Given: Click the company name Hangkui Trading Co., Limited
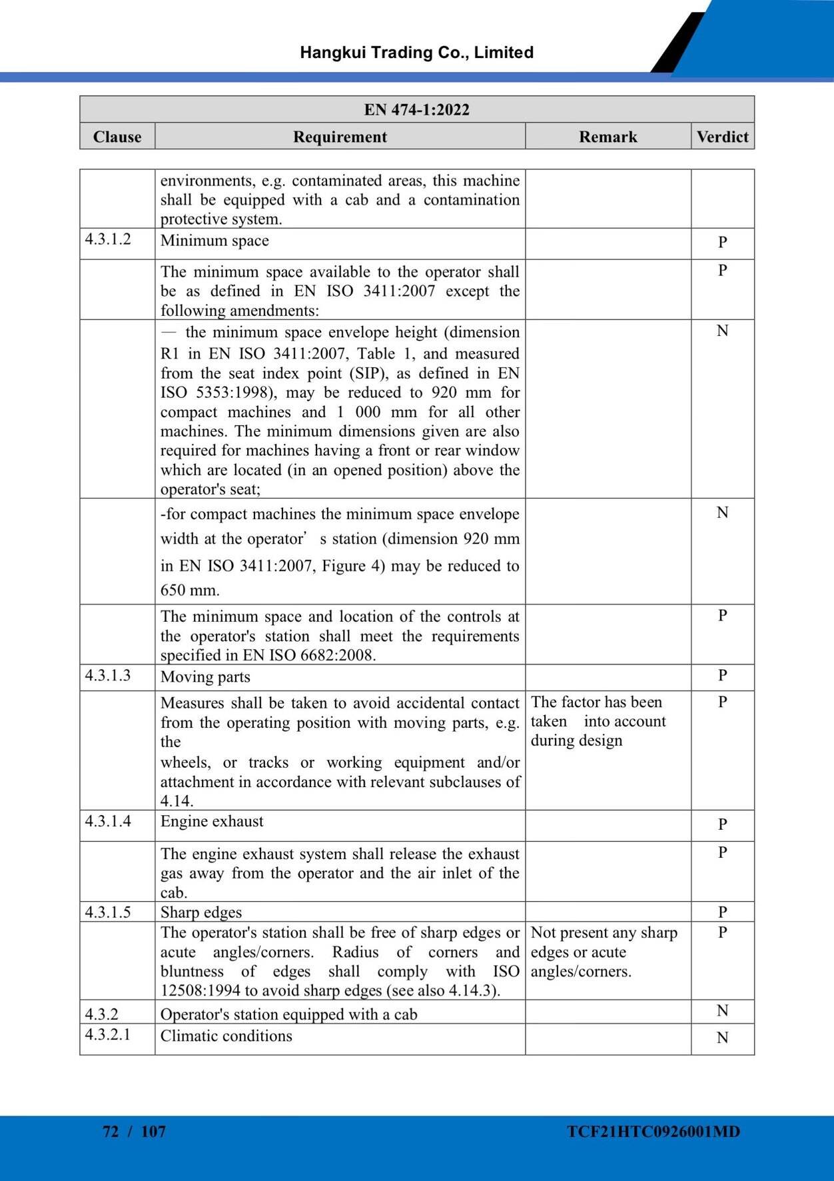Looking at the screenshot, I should [416, 53].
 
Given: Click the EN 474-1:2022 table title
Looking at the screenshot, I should [416, 109].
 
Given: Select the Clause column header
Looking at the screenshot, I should [117, 137].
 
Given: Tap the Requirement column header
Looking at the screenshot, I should [340, 137].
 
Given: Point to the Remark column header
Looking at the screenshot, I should [608, 137].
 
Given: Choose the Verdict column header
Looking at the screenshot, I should [722, 137].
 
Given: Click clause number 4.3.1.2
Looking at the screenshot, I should [108, 239].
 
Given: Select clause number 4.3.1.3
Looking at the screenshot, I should [108, 676].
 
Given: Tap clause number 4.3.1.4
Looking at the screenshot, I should [108, 821].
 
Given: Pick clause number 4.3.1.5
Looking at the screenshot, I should [108, 912].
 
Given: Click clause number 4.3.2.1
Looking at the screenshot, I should [108, 1035].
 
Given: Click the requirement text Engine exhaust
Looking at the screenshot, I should [212, 821].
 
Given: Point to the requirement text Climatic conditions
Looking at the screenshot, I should [226, 1036].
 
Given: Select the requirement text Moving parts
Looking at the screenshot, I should [205, 677].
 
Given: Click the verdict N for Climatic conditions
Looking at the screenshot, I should [722, 1038].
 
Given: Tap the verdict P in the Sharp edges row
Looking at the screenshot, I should [722, 912].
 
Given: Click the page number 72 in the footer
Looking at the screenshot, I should [111, 1131].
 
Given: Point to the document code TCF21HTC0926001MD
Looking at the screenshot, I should [653, 1131].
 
